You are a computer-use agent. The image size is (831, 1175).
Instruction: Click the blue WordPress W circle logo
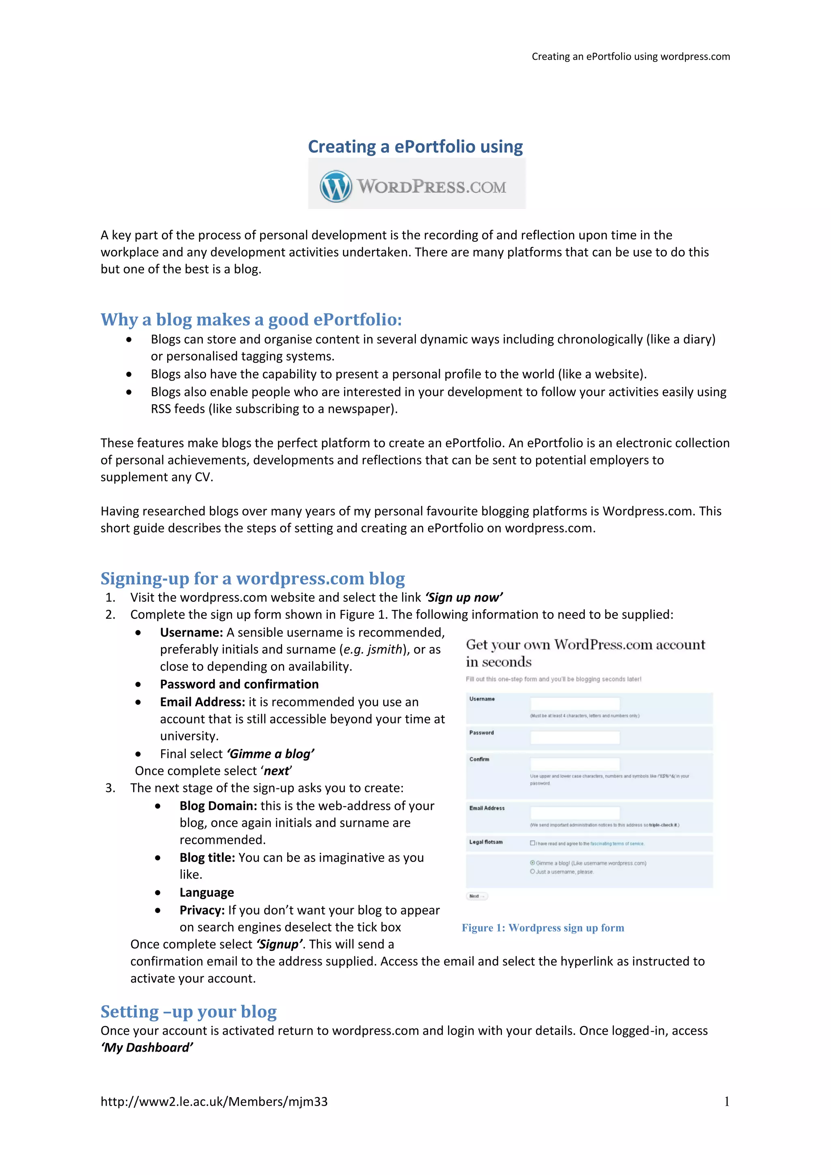coord(336,186)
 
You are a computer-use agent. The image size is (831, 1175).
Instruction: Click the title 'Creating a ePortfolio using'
coord(415,147)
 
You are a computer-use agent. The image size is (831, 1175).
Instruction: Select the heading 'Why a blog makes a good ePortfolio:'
coord(251,319)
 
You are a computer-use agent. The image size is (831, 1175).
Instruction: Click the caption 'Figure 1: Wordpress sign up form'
coord(543,928)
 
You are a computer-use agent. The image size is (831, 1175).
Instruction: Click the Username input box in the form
coord(575,704)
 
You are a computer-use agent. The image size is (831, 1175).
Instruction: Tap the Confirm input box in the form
coord(575,764)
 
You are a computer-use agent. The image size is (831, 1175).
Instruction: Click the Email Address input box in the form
coord(575,813)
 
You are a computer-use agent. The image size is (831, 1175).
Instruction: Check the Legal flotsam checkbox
coord(532,843)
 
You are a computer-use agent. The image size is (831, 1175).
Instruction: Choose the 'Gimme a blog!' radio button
coord(532,863)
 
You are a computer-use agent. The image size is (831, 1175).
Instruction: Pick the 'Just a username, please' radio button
coord(532,872)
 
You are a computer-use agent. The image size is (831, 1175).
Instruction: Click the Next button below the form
coord(477,896)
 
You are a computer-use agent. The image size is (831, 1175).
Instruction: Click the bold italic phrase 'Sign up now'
coord(464,598)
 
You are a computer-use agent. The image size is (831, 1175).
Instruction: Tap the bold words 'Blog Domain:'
coord(218,806)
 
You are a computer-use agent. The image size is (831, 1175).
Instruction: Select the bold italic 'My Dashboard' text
coord(147,1048)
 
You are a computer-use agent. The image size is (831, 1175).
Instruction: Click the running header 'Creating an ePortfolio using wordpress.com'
coord(631,57)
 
